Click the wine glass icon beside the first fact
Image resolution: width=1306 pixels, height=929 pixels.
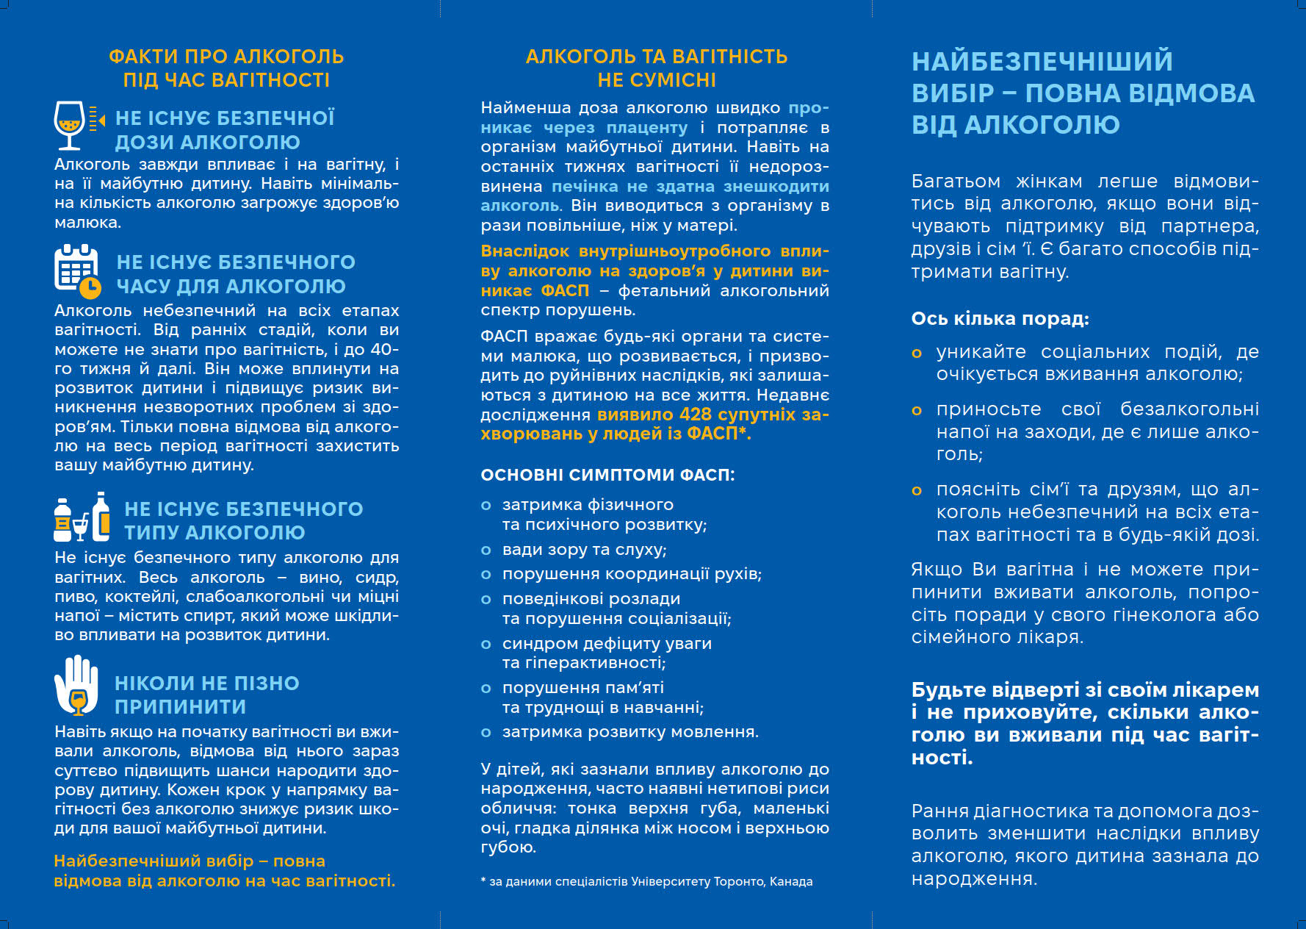pos(71,125)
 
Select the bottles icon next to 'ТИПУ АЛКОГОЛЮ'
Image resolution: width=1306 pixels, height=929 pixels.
pos(82,517)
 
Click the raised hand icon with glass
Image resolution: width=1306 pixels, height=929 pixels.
pos(76,686)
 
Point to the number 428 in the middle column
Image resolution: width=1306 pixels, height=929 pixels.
pos(695,415)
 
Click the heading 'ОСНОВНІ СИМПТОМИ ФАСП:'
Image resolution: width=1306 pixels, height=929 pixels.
pos(607,475)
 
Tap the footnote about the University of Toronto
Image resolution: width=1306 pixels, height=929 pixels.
pos(646,881)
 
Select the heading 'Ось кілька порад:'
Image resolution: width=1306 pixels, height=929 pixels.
pos(1000,318)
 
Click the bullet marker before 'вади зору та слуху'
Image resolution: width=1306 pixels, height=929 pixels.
pos(486,550)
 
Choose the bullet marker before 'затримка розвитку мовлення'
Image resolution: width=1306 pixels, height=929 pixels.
pos(486,732)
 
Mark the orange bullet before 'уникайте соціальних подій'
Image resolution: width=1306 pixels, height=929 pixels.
pos(917,354)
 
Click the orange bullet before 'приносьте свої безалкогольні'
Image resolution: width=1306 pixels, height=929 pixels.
pos(917,411)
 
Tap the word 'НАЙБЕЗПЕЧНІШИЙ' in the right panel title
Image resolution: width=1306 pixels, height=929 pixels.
pos(1042,61)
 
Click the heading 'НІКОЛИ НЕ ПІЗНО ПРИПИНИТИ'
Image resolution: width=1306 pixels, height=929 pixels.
pos(206,695)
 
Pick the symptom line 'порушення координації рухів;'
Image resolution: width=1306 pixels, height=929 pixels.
pos(632,574)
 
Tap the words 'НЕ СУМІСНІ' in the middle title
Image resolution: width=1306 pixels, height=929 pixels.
pos(656,80)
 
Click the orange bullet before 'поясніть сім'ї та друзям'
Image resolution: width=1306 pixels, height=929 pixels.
pos(917,491)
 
